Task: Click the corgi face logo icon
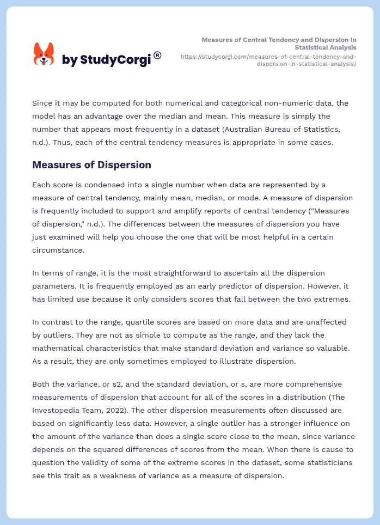[x=44, y=54]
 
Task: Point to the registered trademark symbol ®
[x=157, y=55]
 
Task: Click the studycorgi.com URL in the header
[x=268, y=60]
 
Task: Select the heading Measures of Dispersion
[x=91, y=164]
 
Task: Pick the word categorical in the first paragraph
[x=217, y=103]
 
